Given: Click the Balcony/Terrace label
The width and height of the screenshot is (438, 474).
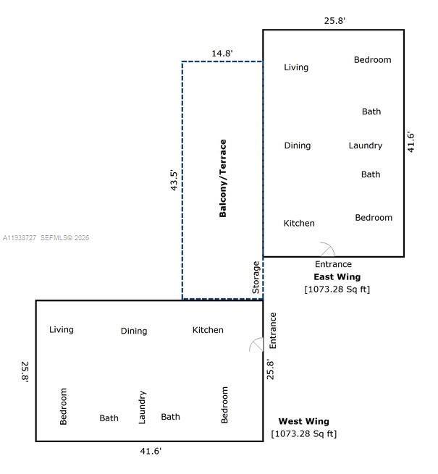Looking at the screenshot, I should tap(223, 178).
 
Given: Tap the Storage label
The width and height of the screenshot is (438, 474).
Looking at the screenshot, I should tap(256, 277).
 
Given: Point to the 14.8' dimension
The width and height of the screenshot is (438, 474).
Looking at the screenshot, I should tap(222, 53).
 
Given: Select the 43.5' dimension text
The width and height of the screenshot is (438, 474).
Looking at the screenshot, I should tap(173, 179).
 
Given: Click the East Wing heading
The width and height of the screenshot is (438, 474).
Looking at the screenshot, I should tap(337, 276).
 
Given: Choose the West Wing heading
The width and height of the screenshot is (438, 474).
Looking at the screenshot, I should tap(303, 421).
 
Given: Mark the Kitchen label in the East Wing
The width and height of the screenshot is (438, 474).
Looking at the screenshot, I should tap(299, 224).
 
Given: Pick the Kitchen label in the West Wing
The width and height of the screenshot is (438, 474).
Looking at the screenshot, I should tap(208, 330).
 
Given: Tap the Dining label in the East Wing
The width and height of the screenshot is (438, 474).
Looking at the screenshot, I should tap(297, 145).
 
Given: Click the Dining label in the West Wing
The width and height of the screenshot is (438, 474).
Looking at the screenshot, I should tap(134, 331).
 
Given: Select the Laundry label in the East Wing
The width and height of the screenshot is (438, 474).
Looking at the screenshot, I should tap(365, 145).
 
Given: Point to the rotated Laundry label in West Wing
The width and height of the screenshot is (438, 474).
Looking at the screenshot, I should tap(142, 407).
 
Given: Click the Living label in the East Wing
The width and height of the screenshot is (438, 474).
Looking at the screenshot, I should tap(296, 67).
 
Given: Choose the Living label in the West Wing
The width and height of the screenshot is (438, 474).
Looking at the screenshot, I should tap(62, 330).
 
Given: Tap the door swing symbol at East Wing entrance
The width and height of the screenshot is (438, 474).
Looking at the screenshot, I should tap(327, 249).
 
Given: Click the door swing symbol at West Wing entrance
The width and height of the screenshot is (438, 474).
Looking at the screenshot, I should tap(256, 345).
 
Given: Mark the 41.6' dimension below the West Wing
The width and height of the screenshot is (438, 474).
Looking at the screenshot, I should tap(151, 451).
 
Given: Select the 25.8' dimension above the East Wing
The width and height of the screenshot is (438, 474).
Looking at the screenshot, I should tap(334, 20).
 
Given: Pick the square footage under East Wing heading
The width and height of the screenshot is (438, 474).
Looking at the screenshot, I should tap(337, 289).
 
